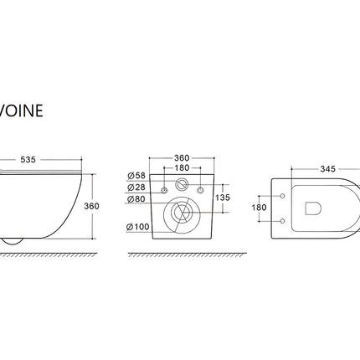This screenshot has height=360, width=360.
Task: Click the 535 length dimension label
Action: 28,160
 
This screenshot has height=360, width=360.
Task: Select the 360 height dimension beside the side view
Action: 91,206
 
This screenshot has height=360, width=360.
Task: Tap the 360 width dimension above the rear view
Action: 182,158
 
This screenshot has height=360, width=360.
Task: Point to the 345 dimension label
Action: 327,169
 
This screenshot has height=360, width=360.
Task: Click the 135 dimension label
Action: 223,198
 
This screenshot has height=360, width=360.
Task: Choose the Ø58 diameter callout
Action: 136,176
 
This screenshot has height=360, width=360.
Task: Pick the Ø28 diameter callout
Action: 136,187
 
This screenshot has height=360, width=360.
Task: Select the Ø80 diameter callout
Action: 136,199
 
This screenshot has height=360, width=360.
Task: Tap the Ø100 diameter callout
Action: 138,227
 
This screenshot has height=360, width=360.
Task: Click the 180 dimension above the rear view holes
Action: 182,167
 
